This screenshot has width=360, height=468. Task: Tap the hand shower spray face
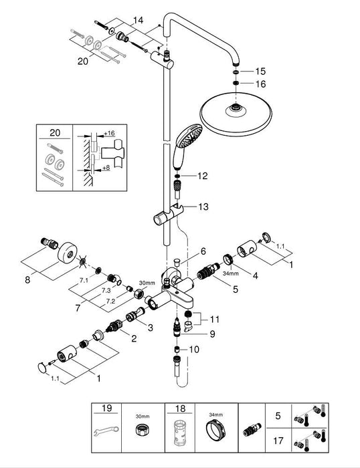tap(190, 136)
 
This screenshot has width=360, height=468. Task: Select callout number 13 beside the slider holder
tap(203, 207)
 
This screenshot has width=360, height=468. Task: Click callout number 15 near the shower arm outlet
tap(260, 72)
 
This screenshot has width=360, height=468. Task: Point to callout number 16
tap(260, 84)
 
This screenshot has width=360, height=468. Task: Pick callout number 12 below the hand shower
tap(203, 176)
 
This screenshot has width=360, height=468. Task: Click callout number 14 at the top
tap(138, 20)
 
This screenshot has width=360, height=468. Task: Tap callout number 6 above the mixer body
tap(203, 251)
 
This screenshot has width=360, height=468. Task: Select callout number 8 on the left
tap(27, 280)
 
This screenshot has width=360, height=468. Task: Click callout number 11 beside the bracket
tap(215, 320)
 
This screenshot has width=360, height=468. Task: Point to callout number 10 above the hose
tap(194, 349)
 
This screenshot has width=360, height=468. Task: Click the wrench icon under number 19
tap(106, 431)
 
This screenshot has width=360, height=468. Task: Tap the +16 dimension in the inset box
tap(109, 133)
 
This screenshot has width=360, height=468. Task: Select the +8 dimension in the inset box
tap(106, 168)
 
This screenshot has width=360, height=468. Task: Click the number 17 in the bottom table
tap(278, 441)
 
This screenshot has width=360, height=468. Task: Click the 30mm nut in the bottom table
tap(143, 429)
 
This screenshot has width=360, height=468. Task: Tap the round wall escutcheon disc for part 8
tap(68, 253)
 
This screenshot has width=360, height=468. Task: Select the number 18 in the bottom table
tap(180, 408)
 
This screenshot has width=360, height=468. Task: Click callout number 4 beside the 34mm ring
tap(255, 275)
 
